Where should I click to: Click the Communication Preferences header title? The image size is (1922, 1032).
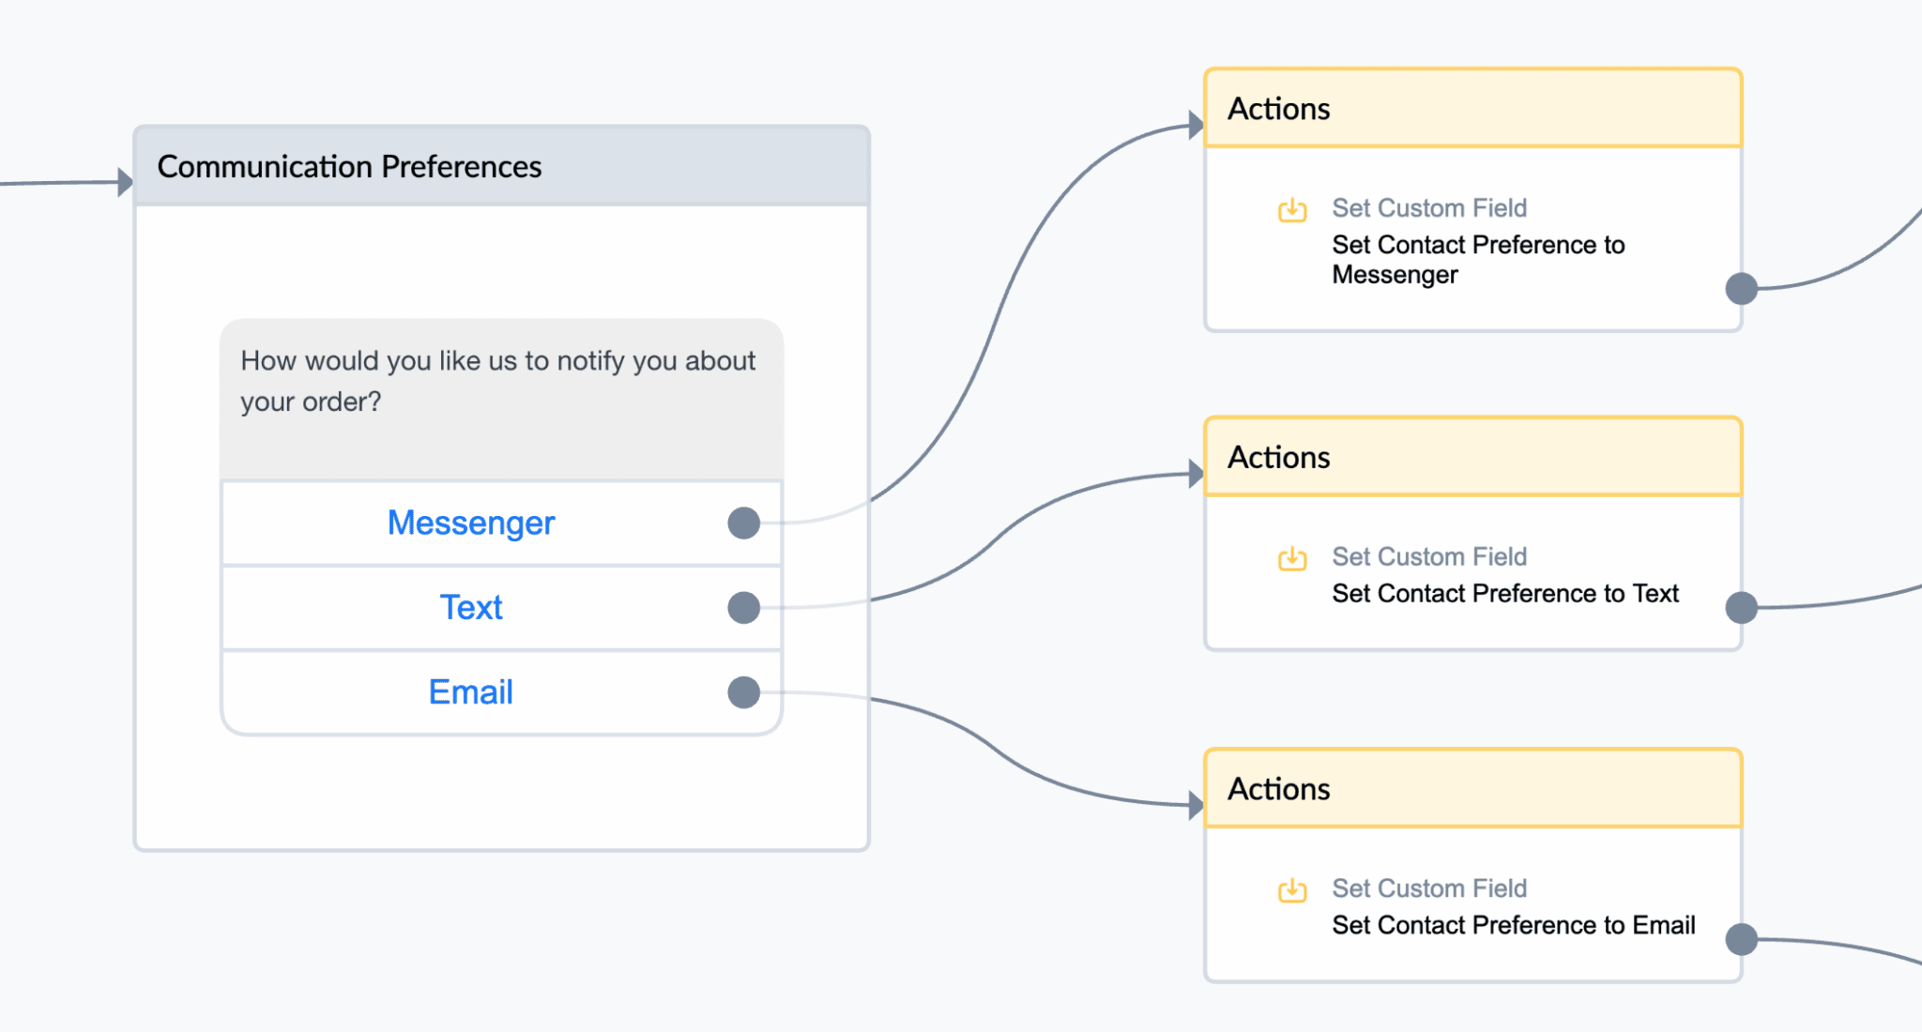click(x=349, y=166)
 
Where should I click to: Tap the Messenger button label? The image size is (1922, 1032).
click(x=471, y=523)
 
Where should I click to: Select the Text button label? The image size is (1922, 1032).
click(x=471, y=607)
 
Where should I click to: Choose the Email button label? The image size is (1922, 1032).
click(x=471, y=691)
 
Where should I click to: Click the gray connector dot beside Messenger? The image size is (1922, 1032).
click(x=743, y=523)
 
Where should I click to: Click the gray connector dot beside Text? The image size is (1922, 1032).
click(x=743, y=607)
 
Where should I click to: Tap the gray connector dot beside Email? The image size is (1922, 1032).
click(x=743, y=692)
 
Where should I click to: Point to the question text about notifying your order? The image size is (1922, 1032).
click(x=497, y=381)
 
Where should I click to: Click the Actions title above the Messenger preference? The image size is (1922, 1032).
click(x=1279, y=109)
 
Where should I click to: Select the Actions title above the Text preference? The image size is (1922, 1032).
click(x=1279, y=457)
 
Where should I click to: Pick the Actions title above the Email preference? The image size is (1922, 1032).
click(x=1279, y=789)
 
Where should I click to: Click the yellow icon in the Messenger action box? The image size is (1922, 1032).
click(x=1292, y=209)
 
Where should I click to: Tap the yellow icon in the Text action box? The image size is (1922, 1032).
click(x=1292, y=558)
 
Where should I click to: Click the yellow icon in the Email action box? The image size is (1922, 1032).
click(x=1292, y=889)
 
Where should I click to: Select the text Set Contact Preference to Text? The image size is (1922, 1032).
click(x=1505, y=593)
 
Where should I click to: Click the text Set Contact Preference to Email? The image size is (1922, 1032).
click(x=1514, y=925)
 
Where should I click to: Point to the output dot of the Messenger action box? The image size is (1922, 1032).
click(x=1742, y=288)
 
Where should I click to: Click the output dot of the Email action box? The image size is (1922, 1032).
click(x=1742, y=939)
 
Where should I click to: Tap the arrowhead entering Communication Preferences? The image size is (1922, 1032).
click(x=126, y=182)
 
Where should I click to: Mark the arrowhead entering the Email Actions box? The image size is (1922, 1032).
click(x=1197, y=805)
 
